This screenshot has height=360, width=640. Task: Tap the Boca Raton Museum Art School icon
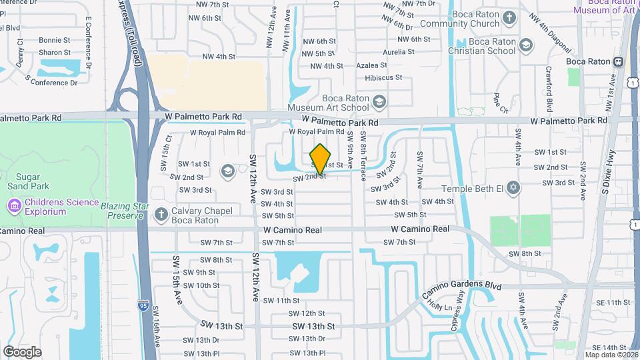(x=379, y=102)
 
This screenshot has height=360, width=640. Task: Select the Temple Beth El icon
(x=512, y=189)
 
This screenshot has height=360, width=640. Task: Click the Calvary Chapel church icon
(x=159, y=215)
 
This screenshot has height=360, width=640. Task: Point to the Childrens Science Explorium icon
(x=14, y=207)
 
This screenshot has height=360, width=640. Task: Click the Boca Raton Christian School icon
(x=526, y=45)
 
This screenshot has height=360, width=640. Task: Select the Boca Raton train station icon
(x=619, y=61)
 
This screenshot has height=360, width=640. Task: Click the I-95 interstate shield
(x=143, y=305)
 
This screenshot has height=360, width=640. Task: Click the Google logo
(x=22, y=351)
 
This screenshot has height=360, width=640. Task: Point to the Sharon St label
(x=54, y=52)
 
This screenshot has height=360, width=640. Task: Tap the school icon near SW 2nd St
(x=228, y=171)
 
